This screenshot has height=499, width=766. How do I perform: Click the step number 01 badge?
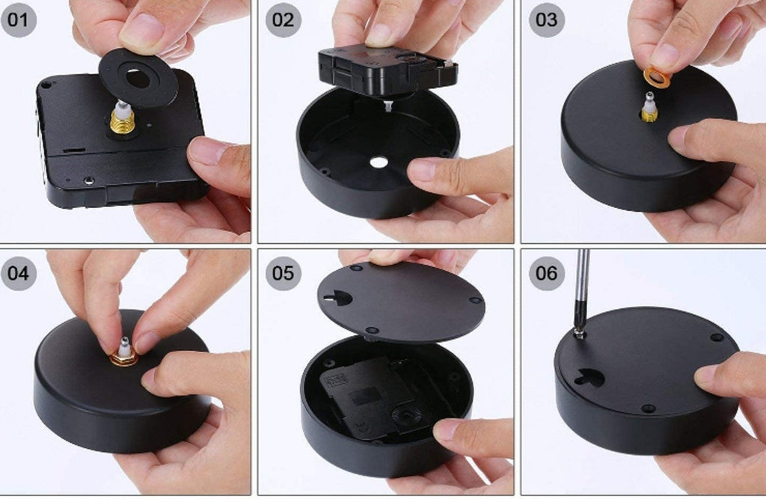point(19,19)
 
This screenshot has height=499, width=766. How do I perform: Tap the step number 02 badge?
point(284,19)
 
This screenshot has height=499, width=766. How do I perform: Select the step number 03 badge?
point(547,19)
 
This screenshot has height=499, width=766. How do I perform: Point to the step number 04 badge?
point(19,273)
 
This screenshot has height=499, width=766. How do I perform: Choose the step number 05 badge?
point(284,273)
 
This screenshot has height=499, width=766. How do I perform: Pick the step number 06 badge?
point(547,273)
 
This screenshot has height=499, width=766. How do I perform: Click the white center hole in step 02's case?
point(377,162)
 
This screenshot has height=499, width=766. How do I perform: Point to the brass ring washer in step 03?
point(656,79)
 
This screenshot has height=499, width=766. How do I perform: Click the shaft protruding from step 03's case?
point(650,107)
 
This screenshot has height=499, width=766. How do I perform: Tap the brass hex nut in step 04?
point(123,360)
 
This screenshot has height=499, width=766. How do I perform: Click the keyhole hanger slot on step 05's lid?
point(338,296)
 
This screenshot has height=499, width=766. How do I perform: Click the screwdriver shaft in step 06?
point(581,288)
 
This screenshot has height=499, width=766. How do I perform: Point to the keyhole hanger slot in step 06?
point(589,377)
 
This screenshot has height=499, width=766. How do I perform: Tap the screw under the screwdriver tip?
point(580,334)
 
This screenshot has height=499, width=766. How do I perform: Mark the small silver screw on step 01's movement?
point(89,181)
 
